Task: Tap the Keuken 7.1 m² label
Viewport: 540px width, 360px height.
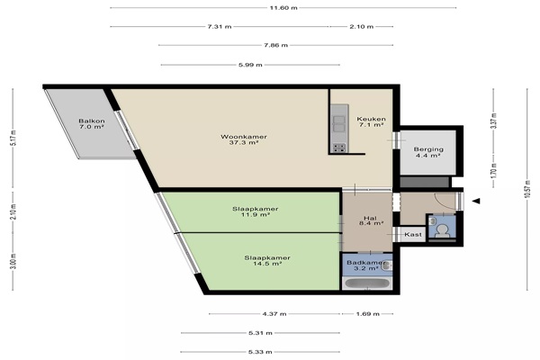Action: pyautogui.click(x=371, y=122)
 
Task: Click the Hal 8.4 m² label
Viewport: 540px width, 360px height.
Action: pyautogui.click(x=370, y=220)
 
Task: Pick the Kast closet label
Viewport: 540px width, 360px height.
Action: pyautogui.click(x=413, y=234)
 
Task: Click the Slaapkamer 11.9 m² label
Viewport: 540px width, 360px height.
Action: pyautogui.click(x=256, y=211)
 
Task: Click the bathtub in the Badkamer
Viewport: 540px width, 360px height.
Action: pyautogui.click(x=367, y=283)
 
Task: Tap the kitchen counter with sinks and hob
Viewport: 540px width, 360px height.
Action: pyautogui.click(x=339, y=129)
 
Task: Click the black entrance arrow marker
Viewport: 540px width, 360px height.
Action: pyautogui.click(x=476, y=201)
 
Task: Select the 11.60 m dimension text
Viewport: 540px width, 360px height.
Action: pyautogui.click(x=283, y=8)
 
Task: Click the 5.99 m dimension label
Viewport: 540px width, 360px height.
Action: pyautogui.click(x=250, y=65)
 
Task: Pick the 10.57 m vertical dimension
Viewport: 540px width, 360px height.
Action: pyautogui.click(x=526, y=190)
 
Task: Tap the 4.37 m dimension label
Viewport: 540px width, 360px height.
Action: pyautogui.click(x=274, y=314)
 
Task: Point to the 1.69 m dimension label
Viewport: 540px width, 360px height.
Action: pyautogui.click(x=367, y=314)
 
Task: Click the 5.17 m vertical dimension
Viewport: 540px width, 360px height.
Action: pyautogui.click(x=13, y=138)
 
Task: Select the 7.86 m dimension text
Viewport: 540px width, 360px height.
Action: pyautogui.click(x=275, y=45)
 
